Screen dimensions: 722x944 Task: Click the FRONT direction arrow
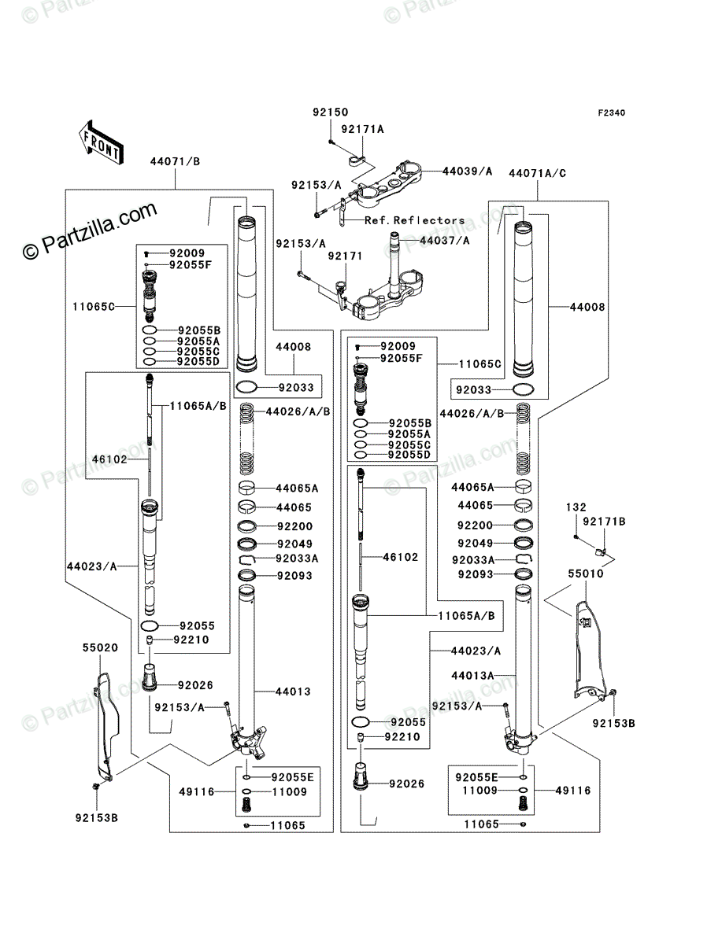point(101,142)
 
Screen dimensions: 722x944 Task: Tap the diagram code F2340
point(611,113)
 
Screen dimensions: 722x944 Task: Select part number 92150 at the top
point(331,112)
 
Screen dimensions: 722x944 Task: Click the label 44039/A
point(467,171)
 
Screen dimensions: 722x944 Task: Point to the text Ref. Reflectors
point(415,220)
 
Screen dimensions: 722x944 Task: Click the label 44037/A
point(445,241)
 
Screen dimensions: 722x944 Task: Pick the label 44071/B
point(175,162)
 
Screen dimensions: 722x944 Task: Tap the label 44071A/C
point(538,173)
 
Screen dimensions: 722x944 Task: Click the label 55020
point(100,647)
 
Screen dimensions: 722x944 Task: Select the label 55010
point(586,573)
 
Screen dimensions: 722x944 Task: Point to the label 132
point(576,507)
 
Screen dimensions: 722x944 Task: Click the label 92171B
point(604,522)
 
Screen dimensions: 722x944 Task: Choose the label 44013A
point(472,676)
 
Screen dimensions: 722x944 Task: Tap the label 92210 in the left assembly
point(191,640)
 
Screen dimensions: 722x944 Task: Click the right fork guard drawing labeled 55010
point(591,650)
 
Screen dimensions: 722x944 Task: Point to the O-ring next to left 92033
point(246,387)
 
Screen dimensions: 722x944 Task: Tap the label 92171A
point(362,130)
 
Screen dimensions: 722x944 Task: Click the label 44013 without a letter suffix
point(293,692)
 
